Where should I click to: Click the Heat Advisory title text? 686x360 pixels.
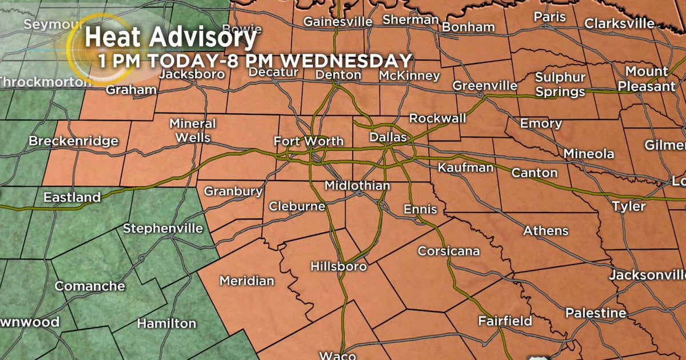pos(170,39)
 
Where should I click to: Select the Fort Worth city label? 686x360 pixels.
pos(309,141)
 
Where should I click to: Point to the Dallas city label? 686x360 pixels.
pos(388,138)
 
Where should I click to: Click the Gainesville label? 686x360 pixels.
pos(338,22)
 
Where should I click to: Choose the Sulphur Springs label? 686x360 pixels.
pos(560,85)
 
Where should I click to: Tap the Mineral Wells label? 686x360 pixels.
pos(193,130)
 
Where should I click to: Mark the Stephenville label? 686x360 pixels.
pos(163,229)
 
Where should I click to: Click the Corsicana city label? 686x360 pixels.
pos(449,251)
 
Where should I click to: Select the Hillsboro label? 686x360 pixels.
pos(338,266)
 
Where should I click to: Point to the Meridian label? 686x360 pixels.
pos(247,281)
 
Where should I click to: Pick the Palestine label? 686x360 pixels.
pos(596,313)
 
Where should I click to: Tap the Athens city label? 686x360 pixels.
pos(547,231)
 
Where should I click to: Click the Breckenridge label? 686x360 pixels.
pos(74,141)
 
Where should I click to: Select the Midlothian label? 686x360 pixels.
pos(357,186)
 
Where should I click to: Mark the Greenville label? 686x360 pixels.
pos(485,86)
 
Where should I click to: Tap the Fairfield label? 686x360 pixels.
pos(505,321)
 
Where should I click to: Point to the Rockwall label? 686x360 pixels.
pos(438,118)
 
